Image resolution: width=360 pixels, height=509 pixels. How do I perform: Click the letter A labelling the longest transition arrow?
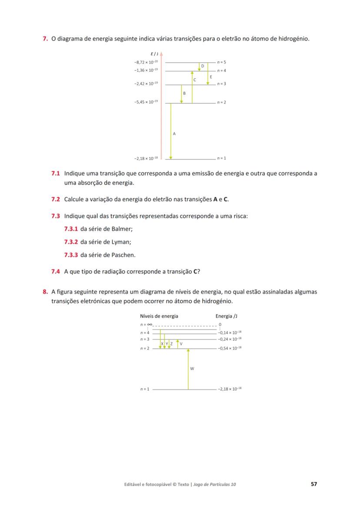point(174,134)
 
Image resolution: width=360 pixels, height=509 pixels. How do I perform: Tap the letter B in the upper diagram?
point(184,93)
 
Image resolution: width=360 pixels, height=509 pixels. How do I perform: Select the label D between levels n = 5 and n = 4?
point(203,66)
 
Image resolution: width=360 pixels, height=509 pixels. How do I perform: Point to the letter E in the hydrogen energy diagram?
point(211,77)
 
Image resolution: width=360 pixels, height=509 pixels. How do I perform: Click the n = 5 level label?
point(222,62)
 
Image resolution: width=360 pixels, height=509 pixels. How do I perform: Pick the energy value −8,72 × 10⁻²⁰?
point(147,62)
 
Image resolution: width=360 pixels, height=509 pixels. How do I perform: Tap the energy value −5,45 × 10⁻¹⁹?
point(147,102)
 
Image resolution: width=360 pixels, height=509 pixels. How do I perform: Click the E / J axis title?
point(154,54)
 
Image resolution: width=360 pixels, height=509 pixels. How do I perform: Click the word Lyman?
point(121,242)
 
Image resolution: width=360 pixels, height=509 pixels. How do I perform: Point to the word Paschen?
point(123,255)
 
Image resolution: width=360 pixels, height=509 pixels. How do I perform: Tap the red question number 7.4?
point(56,272)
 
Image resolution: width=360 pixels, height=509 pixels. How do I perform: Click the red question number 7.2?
point(56,200)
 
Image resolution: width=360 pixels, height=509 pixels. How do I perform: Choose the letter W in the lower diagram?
point(192,369)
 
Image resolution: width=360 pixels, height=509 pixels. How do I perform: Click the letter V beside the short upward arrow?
point(181,344)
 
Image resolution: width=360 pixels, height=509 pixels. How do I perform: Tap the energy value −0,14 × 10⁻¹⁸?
point(230,332)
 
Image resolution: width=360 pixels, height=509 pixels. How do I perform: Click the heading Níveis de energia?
point(159,316)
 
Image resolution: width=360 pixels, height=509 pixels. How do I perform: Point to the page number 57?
point(314,484)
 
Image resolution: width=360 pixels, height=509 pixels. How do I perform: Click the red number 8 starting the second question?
point(45,292)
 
